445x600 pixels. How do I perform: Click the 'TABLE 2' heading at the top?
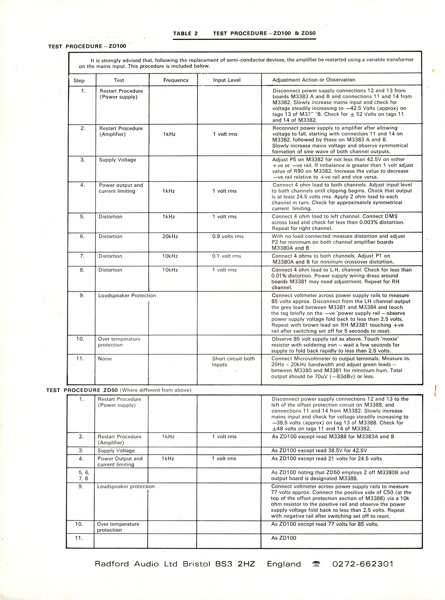[x=185, y=33]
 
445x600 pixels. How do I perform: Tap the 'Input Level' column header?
[x=227, y=80]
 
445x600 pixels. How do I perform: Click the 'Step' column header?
[x=79, y=81]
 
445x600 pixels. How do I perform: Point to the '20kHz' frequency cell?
[x=170, y=236]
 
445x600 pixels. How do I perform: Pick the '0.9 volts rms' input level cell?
[x=228, y=236]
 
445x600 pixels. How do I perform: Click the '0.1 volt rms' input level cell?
[x=226, y=256]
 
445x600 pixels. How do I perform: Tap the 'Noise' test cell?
[x=105, y=358]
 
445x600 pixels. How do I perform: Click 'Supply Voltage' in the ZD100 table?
[x=117, y=160]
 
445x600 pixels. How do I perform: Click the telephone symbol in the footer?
[x=316, y=564]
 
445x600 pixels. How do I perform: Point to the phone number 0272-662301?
[x=362, y=564]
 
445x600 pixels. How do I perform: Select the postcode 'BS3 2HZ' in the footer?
[x=235, y=564]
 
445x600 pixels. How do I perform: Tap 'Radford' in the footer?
[x=112, y=564]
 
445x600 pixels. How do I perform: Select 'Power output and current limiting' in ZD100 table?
[x=121, y=188]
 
